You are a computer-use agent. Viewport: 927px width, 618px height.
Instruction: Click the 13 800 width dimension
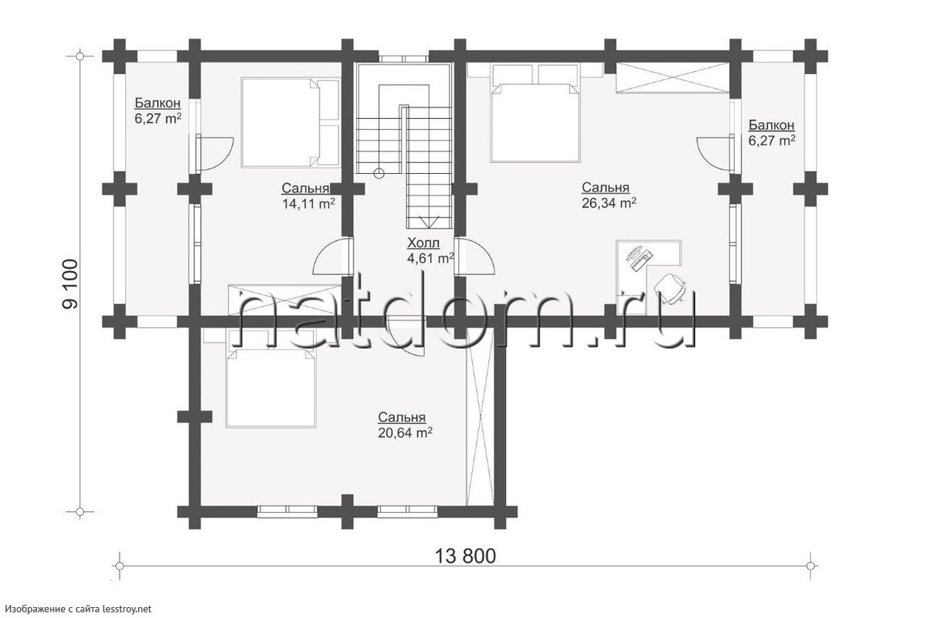(x=465, y=557)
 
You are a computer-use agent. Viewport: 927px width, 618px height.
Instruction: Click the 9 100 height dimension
(x=70, y=284)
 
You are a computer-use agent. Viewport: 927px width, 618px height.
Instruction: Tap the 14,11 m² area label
(x=309, y=204)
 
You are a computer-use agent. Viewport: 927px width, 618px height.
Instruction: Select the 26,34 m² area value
(x=609, y=203)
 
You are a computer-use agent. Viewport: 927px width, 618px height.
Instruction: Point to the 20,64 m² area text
(x=405, y=433)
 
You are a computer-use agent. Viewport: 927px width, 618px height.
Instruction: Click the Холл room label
(x=423, y=243)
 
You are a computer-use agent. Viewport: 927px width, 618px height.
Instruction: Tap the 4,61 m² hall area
(x=430, y=258)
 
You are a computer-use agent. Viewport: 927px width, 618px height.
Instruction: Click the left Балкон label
(x=158, y=103)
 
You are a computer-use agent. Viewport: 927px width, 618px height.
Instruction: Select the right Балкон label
(x=772, y=125)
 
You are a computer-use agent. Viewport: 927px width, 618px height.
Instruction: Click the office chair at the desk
(x=669, y=288)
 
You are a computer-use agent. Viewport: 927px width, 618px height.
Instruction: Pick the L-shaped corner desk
(x=648, y=273)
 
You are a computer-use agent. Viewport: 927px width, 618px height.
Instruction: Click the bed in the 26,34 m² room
(x=534, y=113)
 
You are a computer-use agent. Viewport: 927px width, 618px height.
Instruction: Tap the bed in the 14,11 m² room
(x=290, y=123)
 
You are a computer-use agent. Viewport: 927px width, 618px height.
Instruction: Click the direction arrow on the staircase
(x=430, y=222)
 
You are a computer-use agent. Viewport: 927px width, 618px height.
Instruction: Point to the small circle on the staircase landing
(x=378, y=174)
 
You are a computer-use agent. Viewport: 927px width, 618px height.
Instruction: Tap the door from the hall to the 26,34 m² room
(x=474, y=256)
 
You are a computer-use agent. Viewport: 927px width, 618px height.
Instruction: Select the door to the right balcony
(x=715, y=152)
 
